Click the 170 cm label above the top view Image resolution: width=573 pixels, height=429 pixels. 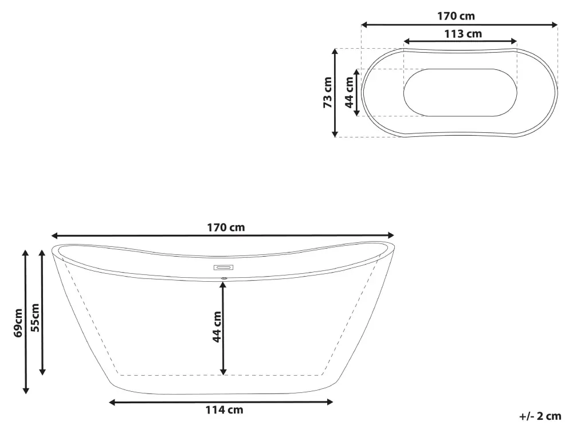pyautogui.click(x=456, y=16)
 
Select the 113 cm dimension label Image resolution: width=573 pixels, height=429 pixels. pyautogui.click(x=463, y=34)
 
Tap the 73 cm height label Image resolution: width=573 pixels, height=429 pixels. pyautogui.click(x=328, y=92)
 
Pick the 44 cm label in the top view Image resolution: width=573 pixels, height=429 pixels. pyautogui.click(x=350, y=92)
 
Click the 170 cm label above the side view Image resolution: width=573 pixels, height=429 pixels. pyautogui.click(x=226, y=227)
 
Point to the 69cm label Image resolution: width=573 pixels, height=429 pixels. pyautogui.click(x=18, y=323)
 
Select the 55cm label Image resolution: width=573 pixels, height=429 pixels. pyautogui.click(x=35, y=317)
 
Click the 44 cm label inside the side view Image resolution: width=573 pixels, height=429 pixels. pyautogui.click(x=217, y=326)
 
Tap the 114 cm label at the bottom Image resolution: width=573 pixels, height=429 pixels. pyautogui.click(x=224, y=410)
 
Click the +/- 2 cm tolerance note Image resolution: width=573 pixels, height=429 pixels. pyautogui.click(x=540, y=416)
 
